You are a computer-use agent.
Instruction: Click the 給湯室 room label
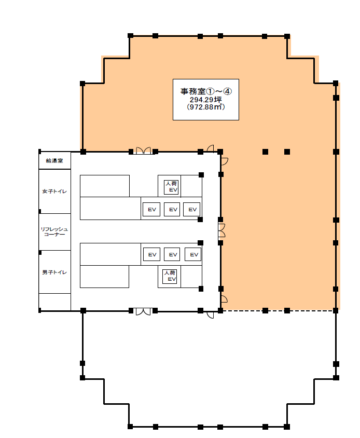point(54,161)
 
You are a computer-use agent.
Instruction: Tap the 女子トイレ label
point(54,191)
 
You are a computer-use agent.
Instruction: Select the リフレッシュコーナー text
point(54,232)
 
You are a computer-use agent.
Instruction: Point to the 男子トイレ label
point(54,272)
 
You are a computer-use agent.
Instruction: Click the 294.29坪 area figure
point(206,100)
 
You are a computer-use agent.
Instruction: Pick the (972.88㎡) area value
point(206,107)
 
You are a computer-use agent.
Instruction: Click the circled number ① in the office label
point(210,91)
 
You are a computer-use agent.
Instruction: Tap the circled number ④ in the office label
point(228,91)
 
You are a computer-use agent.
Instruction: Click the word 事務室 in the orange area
point(193,91)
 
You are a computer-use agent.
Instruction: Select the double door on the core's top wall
point(144,151)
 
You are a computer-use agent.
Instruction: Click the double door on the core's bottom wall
point(143,312)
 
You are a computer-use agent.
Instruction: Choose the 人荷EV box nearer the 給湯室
point(171,187)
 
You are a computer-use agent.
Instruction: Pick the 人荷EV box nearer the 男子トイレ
point(170,276)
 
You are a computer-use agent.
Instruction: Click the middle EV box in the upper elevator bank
point(172,210)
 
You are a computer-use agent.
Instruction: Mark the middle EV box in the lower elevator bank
point(172,254)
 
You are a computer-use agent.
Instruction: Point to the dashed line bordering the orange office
point(278,311)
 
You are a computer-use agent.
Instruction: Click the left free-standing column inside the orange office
point(265,152)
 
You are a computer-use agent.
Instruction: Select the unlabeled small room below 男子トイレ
point(55,302)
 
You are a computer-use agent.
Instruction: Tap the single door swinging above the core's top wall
point(210,148)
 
